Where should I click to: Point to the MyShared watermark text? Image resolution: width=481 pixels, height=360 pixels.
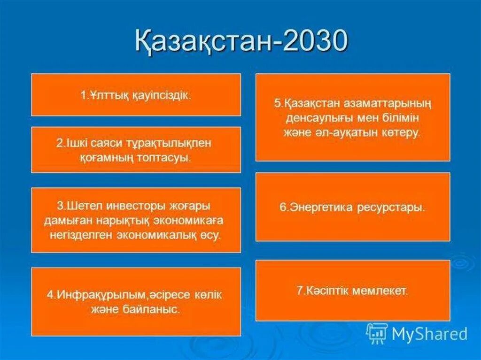tap(430, 333)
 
